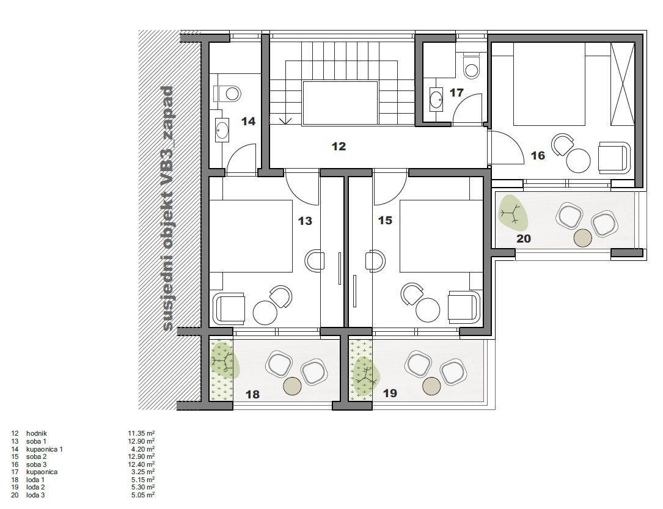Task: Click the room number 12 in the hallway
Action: coord(339,147)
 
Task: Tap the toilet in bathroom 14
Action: coord(228,93)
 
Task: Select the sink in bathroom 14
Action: coord(221,130)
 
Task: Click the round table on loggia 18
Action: coord(293,386)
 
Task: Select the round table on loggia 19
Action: coord(433,386)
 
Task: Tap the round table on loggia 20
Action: coord(584,237)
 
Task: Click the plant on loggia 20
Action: coord(512,213)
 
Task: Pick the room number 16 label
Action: coord(538,156)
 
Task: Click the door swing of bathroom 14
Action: coord(242,158)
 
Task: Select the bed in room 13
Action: coord(251,236)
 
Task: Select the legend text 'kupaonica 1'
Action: coord(45,449)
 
